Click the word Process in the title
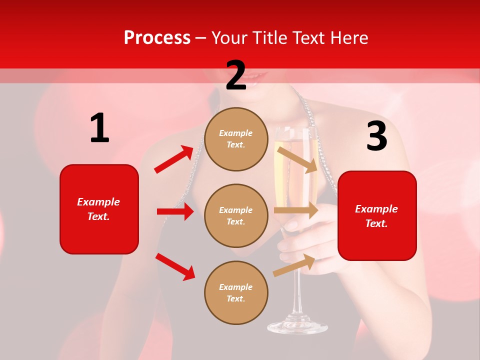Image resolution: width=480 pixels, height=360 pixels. [x=157, y=38]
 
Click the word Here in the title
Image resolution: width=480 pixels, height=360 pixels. [x=349, y=38]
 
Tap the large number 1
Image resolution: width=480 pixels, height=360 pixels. [x=99, y=128]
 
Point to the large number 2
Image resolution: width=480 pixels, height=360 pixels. [x=236, y=76]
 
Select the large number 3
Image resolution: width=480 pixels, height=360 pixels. [x=376, y=136]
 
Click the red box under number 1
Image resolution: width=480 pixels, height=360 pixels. [x=99, y=209]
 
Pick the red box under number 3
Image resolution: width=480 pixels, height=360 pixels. [x=377, y=216]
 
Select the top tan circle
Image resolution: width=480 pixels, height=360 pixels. [x=236, y=139]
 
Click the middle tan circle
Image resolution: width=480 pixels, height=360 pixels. [x=236, y=215]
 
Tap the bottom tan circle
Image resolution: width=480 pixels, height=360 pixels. [x=236, y=292]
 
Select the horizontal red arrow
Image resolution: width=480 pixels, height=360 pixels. [x=175, y=211]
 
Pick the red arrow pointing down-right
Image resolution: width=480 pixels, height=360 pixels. [x=175, y=266]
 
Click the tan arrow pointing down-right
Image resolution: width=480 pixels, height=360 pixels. [x=297, y=159]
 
